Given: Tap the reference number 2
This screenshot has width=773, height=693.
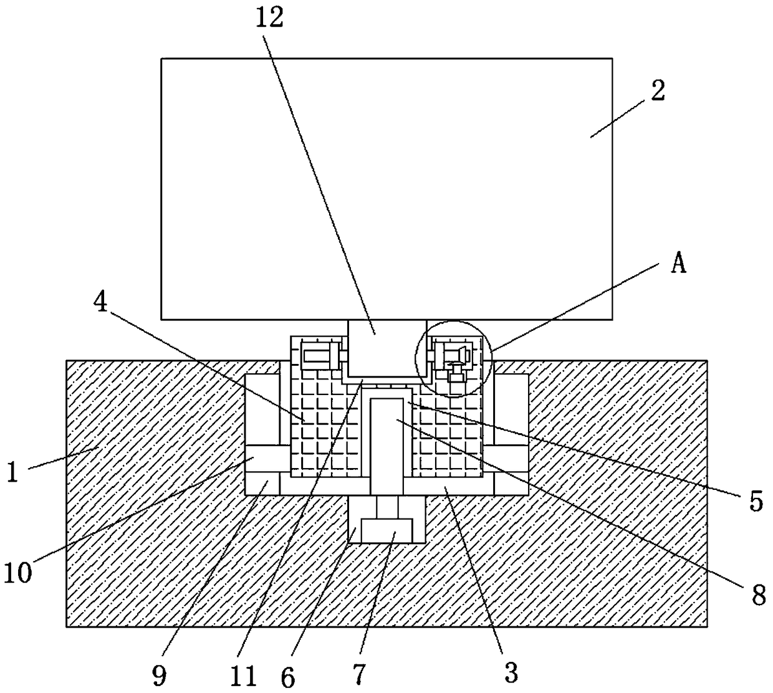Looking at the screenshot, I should click(x=658, y=91).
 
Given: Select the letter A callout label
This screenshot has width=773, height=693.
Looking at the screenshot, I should click(x=679, y=264).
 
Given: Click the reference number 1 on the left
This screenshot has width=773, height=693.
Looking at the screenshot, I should click(x=12, y=472).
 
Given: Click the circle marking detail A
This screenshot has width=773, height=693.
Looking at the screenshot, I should click(x=454, y=358).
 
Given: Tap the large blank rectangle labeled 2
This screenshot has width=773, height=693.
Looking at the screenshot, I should click(x=386, y=187).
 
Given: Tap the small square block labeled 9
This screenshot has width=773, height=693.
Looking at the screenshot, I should click(x=262, y=484).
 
